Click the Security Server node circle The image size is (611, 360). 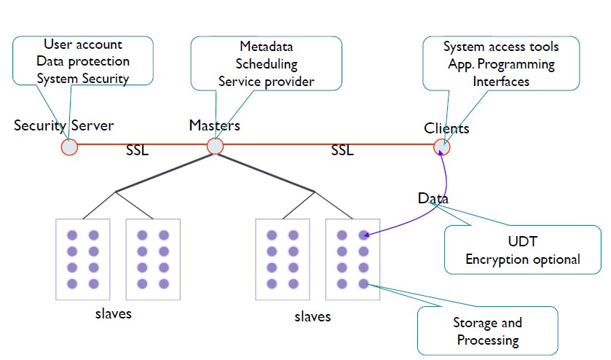pos(69,146)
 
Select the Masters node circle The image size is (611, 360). pos(215,146)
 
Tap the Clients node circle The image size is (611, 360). pos(442,147)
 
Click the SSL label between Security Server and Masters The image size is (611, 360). pos(137,152)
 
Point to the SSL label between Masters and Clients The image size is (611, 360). pos(342,151)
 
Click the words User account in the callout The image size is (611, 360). pos(83,45)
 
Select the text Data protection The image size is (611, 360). pos(83,61)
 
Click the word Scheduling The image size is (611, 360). pos(266,65)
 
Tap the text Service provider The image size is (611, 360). pos(266,81)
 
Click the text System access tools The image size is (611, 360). pos(502,47)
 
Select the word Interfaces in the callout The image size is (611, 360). pos(502,81)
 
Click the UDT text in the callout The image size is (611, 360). pos(522,241)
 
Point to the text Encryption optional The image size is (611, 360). pos(522,259)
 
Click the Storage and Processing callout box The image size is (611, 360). pos(487,331)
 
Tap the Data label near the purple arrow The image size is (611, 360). pos(433,198)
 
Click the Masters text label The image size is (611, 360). pos(214,125)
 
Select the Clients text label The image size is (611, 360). pos(446,129)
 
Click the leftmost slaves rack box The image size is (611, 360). pos(82,259)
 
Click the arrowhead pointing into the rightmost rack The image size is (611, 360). pos(368,235)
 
